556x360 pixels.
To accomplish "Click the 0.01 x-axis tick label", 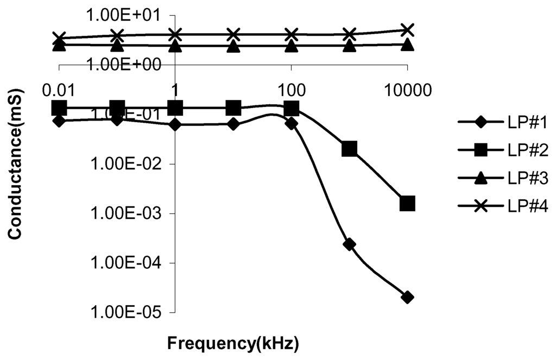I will point(59,89).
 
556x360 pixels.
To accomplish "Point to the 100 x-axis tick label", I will point(292,89).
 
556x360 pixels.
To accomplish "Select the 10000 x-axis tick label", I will point(407,89).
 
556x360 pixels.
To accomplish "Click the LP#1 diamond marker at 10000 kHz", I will point(408,297).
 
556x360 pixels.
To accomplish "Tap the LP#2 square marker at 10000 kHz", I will point(408,204).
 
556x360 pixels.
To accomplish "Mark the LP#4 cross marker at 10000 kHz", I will point(408,29).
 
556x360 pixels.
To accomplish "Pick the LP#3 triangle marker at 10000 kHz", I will point(408,45).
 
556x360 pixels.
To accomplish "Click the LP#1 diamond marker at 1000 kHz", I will point(350,244).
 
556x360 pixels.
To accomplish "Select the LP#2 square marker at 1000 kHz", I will point(350,149).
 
